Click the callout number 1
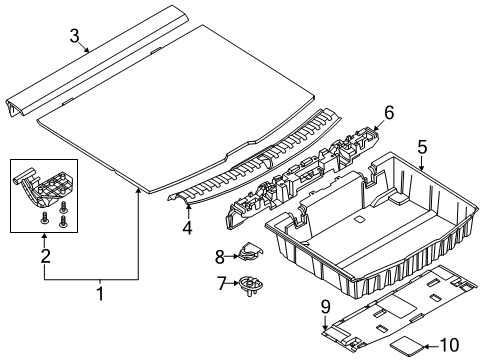(100, 292)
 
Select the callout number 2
(46, 255)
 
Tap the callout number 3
(75, 36)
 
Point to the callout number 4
(187, 227)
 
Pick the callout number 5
(422, 147)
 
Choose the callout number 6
(389, 112)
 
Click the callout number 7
(222, 284)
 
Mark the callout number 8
(220, 257)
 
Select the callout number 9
(325, 306)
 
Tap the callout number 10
(450, 345)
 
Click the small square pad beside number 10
(407, 346)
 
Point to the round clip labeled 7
(251, 286)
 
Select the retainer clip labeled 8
(250, 252)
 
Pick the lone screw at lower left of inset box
(44, 218)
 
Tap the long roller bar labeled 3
(97, 61)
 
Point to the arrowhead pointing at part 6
(376, 128)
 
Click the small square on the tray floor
(359, 219)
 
